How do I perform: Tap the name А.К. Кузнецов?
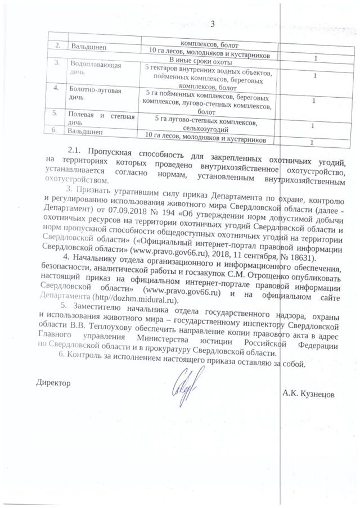click(308, 394)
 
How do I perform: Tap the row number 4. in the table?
click(56, 89)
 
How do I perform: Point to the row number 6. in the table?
click(55, 130)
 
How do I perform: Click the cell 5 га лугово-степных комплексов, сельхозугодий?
click(208, 125)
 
